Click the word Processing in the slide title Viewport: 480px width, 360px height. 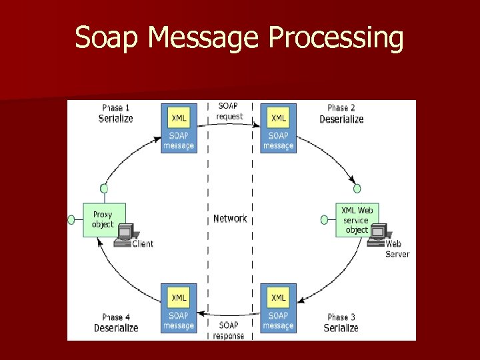tap(336, 38)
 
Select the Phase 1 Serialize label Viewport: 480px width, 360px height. tap(116, 113)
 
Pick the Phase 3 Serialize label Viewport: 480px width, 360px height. tap(341, 323)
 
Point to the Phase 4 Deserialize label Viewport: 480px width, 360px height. tap(116, 323)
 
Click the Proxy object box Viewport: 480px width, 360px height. tap(103, 219)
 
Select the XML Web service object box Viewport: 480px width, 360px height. tap(357, 219)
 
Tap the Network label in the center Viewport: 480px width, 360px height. tap(230, 219)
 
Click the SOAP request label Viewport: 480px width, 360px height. tap(230, 111)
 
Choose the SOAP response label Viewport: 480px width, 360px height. tap(229, 330)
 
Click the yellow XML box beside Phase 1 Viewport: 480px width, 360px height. tap(179, 118)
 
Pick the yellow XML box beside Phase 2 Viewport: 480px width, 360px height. tap(279, 118)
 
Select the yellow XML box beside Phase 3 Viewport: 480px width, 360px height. tap(279, 297)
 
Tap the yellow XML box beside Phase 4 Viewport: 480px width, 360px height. tap(179, 297)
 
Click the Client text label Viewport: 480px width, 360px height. tap(143, 244)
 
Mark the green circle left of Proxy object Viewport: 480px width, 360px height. tap(71, 219)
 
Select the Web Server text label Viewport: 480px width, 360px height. tap(397, 249)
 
